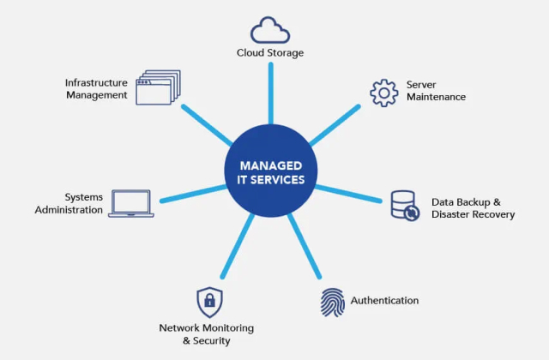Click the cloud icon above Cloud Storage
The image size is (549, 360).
(x=270, y=30)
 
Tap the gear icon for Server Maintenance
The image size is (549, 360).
(x=383, y=92)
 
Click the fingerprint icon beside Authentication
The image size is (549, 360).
(x=333, y=302)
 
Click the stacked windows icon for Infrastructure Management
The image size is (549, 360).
(x=159, y=88)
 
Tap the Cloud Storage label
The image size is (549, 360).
(x=270, y=53)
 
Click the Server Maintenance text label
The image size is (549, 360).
(x=436, y=91)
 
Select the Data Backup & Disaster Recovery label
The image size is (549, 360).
(x=473, y=208)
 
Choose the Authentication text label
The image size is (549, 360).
(x=384, y=301)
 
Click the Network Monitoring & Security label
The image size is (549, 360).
(x=206, y=334)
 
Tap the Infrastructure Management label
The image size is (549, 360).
(x=96, y=89)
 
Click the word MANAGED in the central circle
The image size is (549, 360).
(x=270, y=165)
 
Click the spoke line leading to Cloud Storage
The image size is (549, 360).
(x=270, y=94)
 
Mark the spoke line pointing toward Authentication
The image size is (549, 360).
(x=304, y=249)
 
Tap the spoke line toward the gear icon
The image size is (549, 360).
(x=334, y=124)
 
